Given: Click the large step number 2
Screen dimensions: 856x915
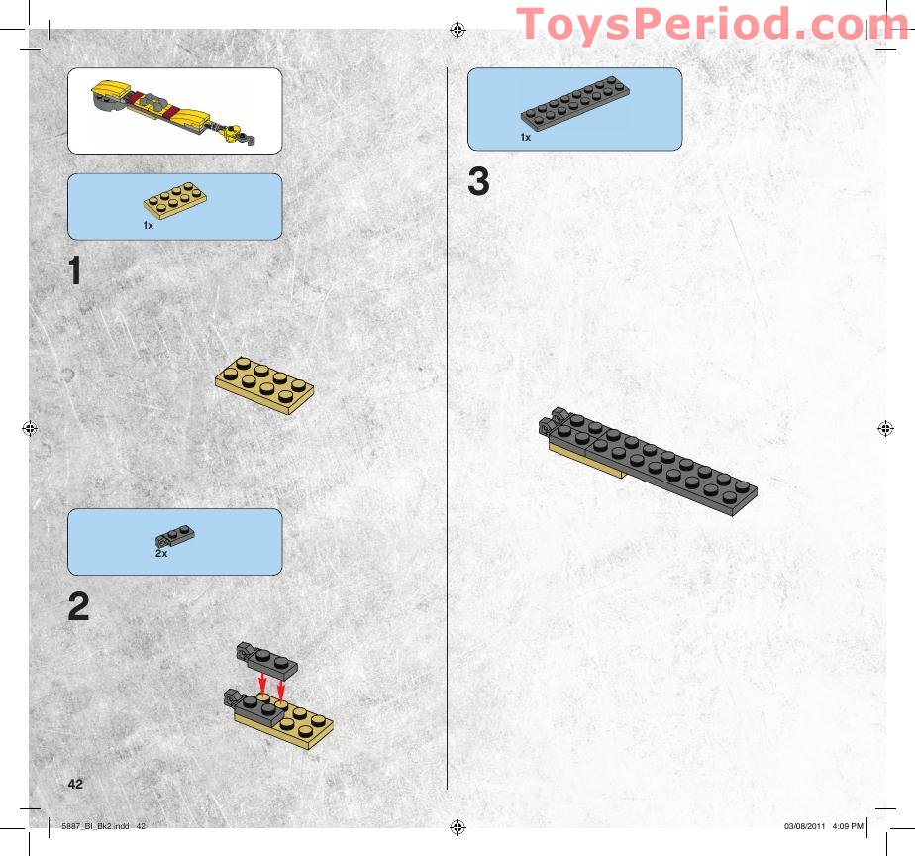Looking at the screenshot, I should point(78,606).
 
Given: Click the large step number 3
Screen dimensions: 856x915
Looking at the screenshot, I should point(478,182).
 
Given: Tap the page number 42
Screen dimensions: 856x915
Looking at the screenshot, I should point(75,783).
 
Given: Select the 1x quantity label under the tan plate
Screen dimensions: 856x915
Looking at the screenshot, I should point(148,226).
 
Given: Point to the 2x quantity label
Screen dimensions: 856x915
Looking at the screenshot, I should point(160,554).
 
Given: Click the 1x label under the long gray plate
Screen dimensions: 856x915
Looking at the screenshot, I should point(526,138).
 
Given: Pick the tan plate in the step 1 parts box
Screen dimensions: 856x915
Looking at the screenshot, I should point(174,202).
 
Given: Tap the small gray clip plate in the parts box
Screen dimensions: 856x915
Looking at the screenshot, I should point(175,536).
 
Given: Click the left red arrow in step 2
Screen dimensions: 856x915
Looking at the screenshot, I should point(261,684).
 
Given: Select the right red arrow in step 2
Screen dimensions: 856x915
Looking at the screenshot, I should point(282,687).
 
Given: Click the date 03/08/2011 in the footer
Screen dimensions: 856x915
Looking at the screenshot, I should point(803,826).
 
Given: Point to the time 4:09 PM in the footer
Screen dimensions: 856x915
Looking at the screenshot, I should point(850,826).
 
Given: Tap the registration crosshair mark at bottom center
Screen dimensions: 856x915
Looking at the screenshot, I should point(457,826).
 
